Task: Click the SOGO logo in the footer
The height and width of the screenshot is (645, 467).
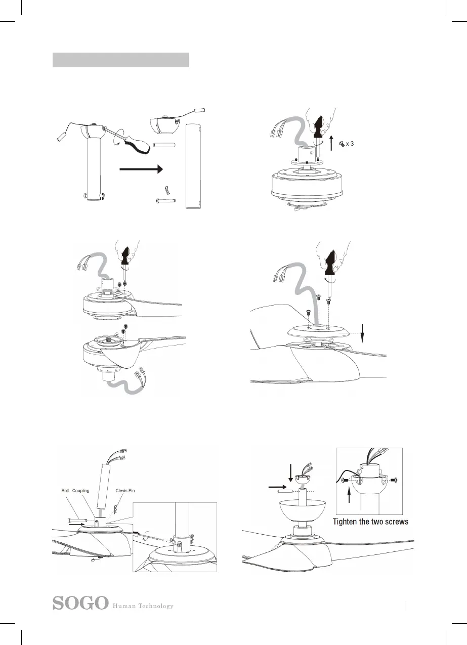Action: (x=81, y=604)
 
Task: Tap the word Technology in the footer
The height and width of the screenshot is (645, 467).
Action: (x=153, y=606)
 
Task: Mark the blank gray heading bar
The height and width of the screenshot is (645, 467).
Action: (x=120, y=60)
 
